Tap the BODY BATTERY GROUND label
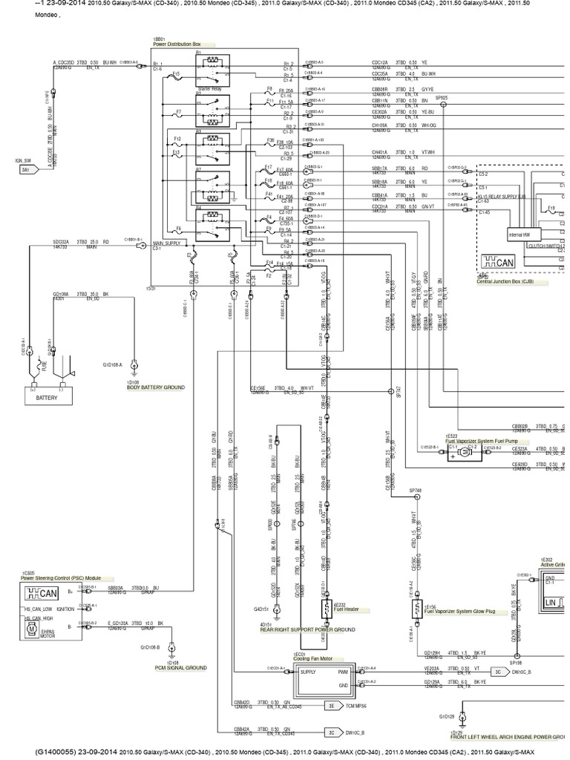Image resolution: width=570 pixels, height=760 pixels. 155,387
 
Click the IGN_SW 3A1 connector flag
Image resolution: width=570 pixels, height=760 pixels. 26,169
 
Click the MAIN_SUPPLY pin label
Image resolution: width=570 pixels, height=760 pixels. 167,243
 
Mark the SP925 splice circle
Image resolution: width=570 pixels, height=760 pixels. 442,105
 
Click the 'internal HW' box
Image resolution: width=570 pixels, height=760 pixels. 519,234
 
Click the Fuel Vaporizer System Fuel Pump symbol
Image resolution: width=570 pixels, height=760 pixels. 455,456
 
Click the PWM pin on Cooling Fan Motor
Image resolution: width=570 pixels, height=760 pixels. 343,672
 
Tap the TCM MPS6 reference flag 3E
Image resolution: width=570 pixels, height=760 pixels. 332,707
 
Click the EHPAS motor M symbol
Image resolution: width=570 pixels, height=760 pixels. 31,629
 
